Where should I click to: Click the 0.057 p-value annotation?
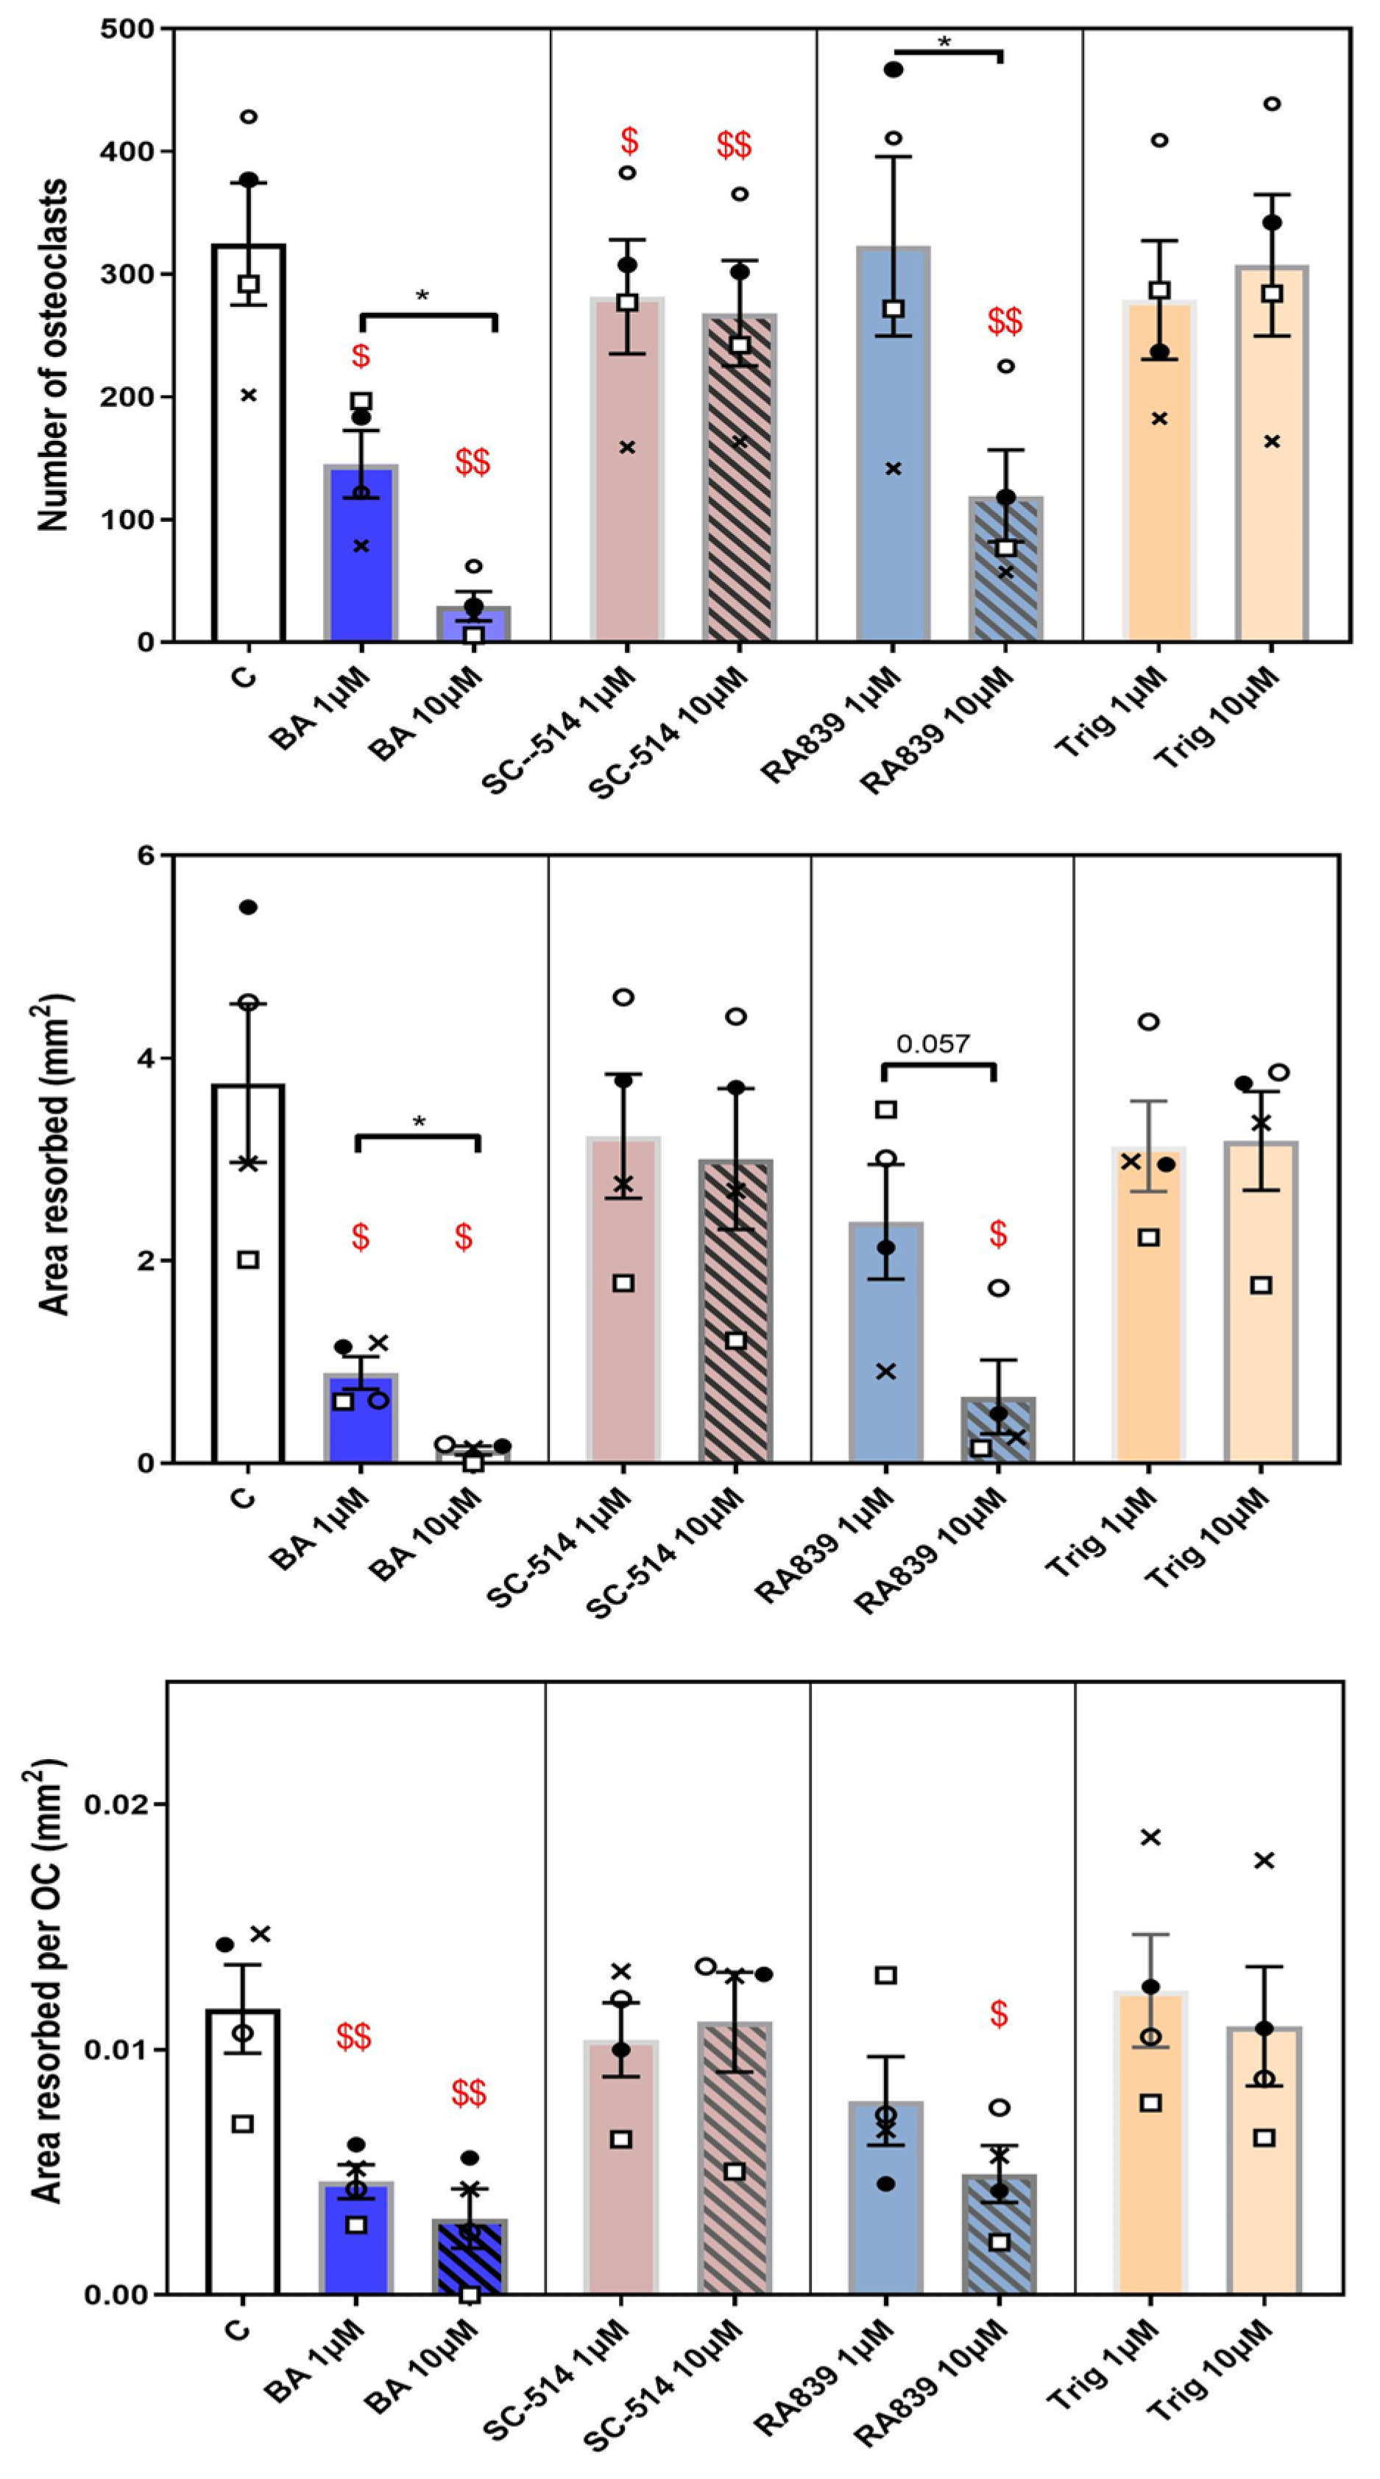tap(933, 1043)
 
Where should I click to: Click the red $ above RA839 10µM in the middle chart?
tap(998, 1234)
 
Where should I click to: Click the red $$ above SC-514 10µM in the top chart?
tap(735, 146)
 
